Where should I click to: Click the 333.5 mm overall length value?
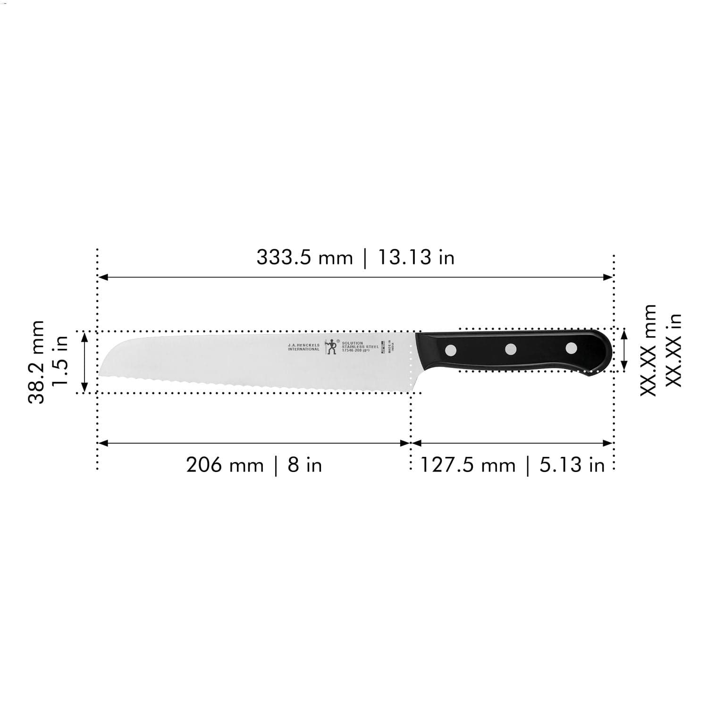tap(304, 258)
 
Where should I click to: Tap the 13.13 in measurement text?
tap(416, 258)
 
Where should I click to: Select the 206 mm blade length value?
tap(225, 465)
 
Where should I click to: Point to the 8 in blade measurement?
tap(305, 465)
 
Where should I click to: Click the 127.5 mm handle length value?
tap(468, 465)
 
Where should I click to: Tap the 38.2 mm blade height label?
tap(37, 362)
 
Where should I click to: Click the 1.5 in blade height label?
tap(60, 362)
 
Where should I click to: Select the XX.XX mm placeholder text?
tap(649, 350)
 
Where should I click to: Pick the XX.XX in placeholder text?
tap(674, 350)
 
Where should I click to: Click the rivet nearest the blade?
tap(451, 350)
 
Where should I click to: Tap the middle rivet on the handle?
tap(511, 349)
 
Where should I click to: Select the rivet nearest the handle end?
tap(571, 348)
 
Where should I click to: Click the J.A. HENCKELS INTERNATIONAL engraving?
tap(303, 347)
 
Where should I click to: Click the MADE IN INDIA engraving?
tap(390, 347)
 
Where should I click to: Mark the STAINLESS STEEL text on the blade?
tap(360, 346)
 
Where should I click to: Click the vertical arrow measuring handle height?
tap(624, 350)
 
